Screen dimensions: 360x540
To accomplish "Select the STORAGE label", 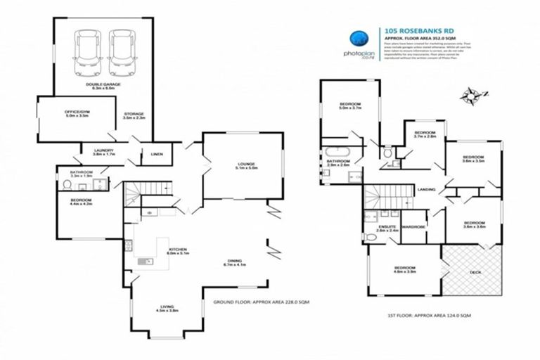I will pyautogui.click(x=133, y=114).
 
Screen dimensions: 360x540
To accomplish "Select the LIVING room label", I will pyautogui.click(x=166, y=307).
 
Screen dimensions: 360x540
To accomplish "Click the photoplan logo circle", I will pyautogui.click(x=360, y=39).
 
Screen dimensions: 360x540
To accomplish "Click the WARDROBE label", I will pyautogui.click(x=414, y=226).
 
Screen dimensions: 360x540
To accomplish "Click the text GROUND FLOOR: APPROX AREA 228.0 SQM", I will pyautogui.click(x=261, y=301).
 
